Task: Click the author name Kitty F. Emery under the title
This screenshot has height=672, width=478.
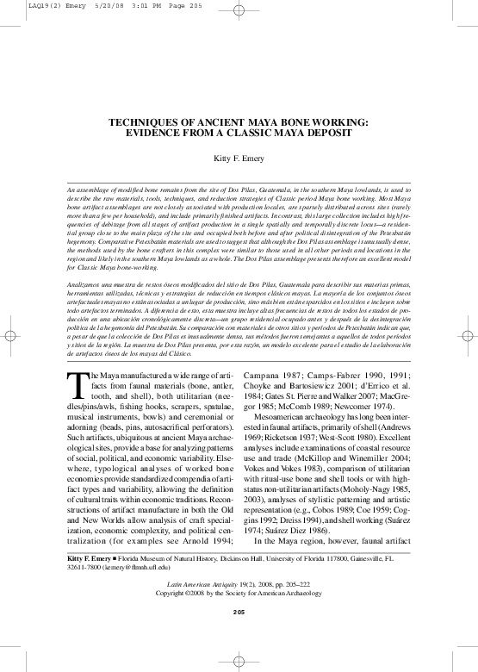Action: (239, 159)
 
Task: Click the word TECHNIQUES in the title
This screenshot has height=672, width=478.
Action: (147, 123)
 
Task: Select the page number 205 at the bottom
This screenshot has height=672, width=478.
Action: (239, 611)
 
